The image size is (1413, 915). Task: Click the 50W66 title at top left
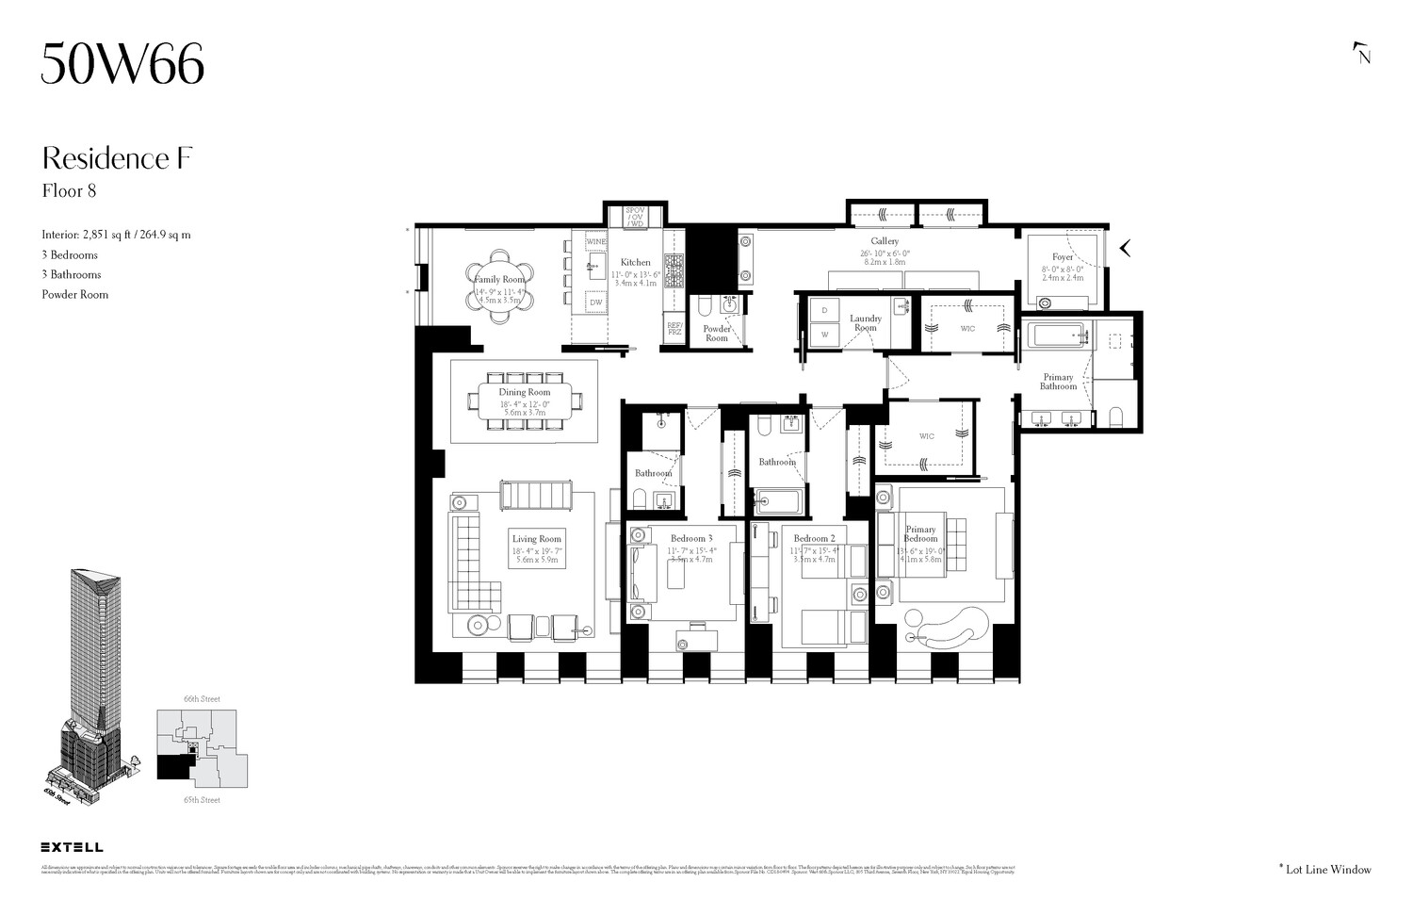(x=122, y=65)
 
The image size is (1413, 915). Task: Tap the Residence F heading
(x=117, y=158)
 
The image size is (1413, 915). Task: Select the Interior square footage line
(x=116, y=235)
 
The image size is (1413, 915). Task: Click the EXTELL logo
(x=73, y=847)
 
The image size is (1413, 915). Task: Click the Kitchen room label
(x=635, y=262)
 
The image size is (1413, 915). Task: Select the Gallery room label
(x=885, y=241)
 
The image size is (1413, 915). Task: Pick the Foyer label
(x=1063, y=257)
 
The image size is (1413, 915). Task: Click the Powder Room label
(x=717, y=334)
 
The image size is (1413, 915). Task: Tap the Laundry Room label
(x=865, y=322)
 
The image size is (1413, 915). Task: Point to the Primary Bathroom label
(x=1058, y=382)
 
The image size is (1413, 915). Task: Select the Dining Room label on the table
(x=525, y=392)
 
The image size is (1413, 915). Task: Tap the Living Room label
(x=537, y=539)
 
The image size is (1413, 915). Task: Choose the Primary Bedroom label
(x=920, y=533)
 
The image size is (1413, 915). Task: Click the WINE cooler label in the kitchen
(x=596, y=242)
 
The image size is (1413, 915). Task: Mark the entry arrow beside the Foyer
(x=1124, y=249)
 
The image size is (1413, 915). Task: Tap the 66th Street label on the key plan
(x=202, y=699)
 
